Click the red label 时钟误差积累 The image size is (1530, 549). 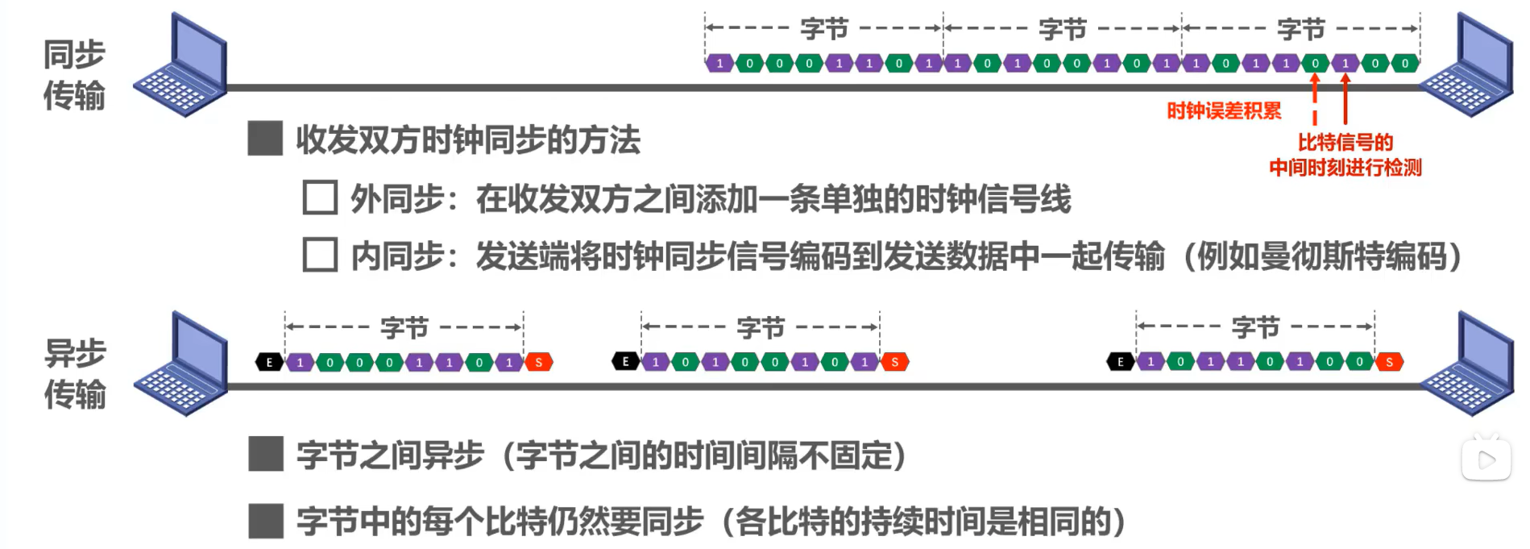point(1223,111)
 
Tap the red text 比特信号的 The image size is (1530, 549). point(1345,143)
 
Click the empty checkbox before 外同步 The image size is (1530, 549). point(320,198)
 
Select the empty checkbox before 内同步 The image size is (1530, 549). point(320,255)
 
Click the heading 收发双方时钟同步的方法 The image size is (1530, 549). point(467,140)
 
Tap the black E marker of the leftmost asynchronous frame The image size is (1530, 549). point(269,363)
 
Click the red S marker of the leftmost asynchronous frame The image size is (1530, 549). point(539,363)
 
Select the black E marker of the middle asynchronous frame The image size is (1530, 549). point(625,362)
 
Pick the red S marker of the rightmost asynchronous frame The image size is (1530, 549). point(1389,363)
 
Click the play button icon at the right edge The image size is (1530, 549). point(1486,460)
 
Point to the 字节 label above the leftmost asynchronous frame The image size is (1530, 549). point(404,327)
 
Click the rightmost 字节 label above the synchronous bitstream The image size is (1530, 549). point(1300,29)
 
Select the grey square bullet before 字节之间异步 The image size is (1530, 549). point(266,455)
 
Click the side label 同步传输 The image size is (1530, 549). point(74,74)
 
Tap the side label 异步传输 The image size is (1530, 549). point(75,373)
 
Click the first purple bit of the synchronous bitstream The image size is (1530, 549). point(719,63)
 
